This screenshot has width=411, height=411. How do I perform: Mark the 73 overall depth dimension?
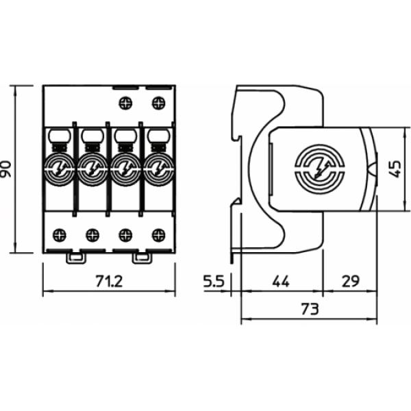pyautogui.click(x=309, y=309)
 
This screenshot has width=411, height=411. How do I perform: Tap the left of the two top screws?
pyautogui.click(x=125, y=103)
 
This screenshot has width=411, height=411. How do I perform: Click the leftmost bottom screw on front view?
pyautogui.click(x=59, y=235)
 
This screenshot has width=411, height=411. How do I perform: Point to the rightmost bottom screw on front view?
pyautogui.click(x=159, y=235)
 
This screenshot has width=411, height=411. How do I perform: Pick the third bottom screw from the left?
pyautogui.click(x=125, y=235)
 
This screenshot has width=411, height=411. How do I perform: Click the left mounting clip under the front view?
pyautogui.click(x=75, y=258)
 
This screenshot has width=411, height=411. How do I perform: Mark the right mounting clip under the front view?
pyautogui.click(x=142, y=258)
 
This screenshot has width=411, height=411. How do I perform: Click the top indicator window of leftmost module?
pyautogui.click(x=58, y=136)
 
